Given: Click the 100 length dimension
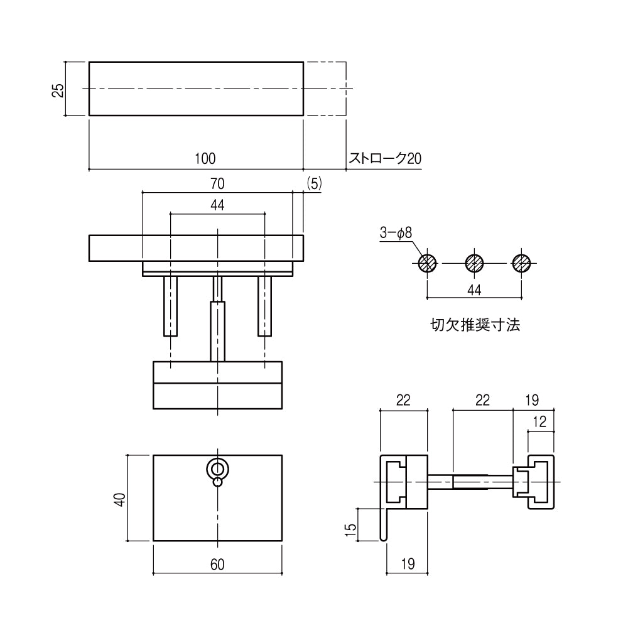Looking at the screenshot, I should pos(205,158).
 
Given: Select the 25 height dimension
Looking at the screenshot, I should pos(57,90).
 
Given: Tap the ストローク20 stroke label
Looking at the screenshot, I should pos(385,158).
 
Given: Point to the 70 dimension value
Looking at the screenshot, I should pos(217,184).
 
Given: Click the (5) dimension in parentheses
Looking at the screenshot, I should pos(314,183).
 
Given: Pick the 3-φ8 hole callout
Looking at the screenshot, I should pos(395,233).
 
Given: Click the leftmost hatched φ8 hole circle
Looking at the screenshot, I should pos(428,263).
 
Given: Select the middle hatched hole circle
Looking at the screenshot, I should pos(474,263).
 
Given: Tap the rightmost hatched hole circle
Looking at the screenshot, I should pos(521,263).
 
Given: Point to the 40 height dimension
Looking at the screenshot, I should pos(120,499).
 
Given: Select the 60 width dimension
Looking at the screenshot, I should pos(217,565).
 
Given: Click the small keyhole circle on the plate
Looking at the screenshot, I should pos(217,469).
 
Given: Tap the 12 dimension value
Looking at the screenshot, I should pos(539,422).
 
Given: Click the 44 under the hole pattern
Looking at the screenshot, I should pos(474,289).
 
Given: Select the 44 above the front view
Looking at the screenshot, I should pos(217,205).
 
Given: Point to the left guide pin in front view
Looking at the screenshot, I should pos(171,306).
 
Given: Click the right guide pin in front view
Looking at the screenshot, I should pos(264,306).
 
